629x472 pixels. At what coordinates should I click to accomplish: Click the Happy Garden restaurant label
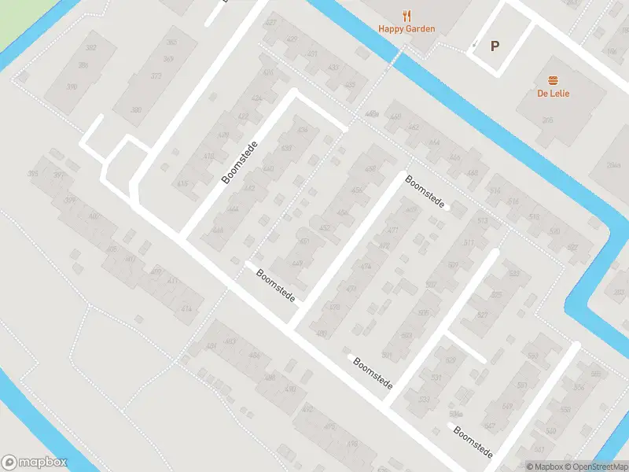pos(406,29)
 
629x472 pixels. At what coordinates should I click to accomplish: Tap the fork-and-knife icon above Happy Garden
pos(406,15)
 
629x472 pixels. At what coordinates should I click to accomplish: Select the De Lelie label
pos(554,94)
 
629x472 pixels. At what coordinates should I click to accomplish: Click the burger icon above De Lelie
pos(554,80)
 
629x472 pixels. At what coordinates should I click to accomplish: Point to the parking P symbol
pos(495,46)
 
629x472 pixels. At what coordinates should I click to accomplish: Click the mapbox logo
pos(35,463)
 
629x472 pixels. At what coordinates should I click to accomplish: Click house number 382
pos(91,48)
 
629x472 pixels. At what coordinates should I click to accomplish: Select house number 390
pos(72,87)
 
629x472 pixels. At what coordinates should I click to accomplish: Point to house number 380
pos(137,110)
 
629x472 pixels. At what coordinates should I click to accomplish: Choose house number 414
pos(186,309)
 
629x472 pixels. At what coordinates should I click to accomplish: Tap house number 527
pos(483,314)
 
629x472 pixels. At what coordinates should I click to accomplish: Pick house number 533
pos(424,399)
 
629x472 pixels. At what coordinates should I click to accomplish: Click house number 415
pos(184,184)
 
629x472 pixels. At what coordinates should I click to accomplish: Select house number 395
pos(33,174)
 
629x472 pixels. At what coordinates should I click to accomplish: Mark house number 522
pos(572,248)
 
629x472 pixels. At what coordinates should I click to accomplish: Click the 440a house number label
pos(372,116)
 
